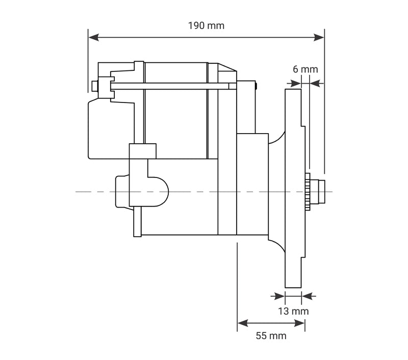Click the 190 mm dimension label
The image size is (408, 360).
point(206,25)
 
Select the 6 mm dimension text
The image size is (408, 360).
point(305,69)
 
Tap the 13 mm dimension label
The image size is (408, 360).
point(293,311)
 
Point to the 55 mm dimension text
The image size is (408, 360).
point(271,336)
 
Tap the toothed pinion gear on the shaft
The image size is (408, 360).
point(308,192)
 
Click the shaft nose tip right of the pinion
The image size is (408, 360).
point(321,191)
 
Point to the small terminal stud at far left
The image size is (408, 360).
point(94,86)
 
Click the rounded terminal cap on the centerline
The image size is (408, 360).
point(158,192)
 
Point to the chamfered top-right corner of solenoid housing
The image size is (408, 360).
point(227,67)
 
